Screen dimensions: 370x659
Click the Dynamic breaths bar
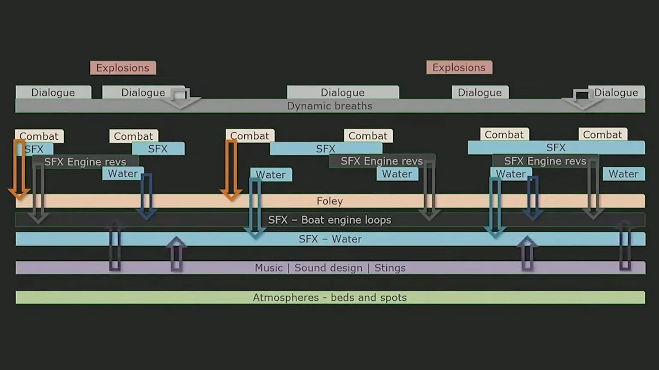pyautogui.click(x=329, y=106)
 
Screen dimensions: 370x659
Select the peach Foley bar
pyautogui.click(x=329, y=201)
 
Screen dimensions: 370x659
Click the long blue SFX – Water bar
pyautogui.click(x=330, y=239)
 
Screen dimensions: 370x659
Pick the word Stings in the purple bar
pyautogui.click(x=390, y=268)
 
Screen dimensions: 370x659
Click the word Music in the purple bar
pyautogui.click(x=269, y=268)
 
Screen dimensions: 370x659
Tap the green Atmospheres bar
pyautogui.click(x=329, y=297)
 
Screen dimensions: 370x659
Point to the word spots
pyautogui.click(x=392, y=297)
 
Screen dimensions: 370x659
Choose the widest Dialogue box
pyautogui.click(x=343, y=92)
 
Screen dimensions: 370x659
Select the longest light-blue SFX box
pyautogui.click(x=556, y=148)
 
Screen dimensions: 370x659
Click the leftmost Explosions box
pyautogui.click(x=123, y=68)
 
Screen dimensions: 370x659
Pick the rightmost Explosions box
pyautogui.click(x=459, y=68)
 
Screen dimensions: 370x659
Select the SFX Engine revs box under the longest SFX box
pyautogui.click(x=545, y=161)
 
